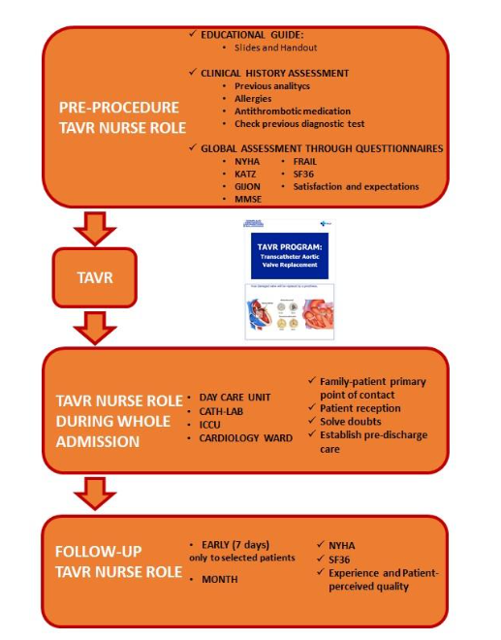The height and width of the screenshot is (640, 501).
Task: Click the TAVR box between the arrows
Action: pyautogui.click(x=95, y=276)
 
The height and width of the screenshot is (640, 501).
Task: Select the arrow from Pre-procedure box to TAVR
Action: pyautogui.click(x=95, y=228)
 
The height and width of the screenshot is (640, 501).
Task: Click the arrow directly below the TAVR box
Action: pyautogui.click(x=95, y=327)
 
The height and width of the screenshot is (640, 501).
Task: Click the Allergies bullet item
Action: pyautogui.click(x=254, y=98)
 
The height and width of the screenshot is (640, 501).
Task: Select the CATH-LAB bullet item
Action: pyautogui.click(x=226, y=411)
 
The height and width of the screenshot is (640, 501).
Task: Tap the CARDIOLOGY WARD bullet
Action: pyautogui.click(x=246, y=437)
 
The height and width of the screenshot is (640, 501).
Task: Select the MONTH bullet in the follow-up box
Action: pyautogui.click(x=222, y=579)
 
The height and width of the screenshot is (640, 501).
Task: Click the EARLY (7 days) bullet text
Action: pyautogui.click(x=236, y=545)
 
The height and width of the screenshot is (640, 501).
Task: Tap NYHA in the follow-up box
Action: pyautogui.click(x=344, y=546)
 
